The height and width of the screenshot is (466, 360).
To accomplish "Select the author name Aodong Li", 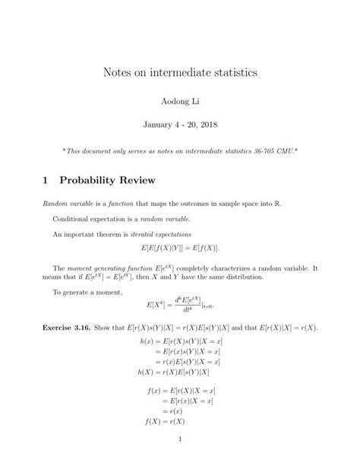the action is (x=180, y=100).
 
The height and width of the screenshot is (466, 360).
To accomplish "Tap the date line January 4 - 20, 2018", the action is (x=180, y=123).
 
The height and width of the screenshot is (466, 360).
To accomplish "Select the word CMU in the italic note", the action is (x=289, y=151).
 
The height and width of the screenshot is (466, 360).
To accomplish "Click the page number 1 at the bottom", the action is (x=180, y=439).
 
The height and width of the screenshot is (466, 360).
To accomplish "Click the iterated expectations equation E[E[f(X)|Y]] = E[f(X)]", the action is (x=180, y=249).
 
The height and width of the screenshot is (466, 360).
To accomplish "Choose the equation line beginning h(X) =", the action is (x=174, y=372).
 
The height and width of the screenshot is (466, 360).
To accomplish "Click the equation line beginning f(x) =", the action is (x=178, y=390).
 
